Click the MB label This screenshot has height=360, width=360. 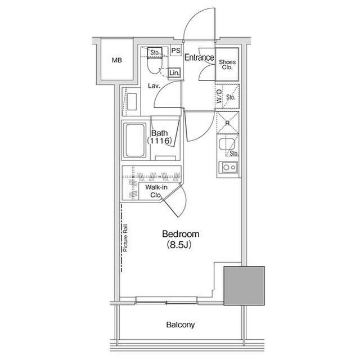point(116,60)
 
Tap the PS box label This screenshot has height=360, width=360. point(176,51)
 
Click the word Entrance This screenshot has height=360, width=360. point(199,57)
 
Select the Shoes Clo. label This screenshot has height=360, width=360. point(227,65)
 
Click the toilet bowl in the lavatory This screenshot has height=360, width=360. point(154,66)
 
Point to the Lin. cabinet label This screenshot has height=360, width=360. point(174,73)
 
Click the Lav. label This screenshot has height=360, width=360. point(154,86)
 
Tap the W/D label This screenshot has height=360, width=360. point(219,96)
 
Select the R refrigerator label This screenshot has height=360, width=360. point(227,123)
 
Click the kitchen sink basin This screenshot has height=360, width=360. point(227,144)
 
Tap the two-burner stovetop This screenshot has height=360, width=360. point(228,167)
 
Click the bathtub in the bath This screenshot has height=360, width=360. point(135,140)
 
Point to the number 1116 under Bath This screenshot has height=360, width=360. point(160,141)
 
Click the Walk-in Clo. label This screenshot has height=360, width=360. point(156,191)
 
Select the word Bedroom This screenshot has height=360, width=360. point(181,234)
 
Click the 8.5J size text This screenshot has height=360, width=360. point(179,245)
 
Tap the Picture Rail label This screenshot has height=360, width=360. point(125,238)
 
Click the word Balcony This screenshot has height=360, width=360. point(180,325)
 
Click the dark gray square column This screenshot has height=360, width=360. point(244,286)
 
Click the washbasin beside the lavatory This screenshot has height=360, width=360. point(132,101)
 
